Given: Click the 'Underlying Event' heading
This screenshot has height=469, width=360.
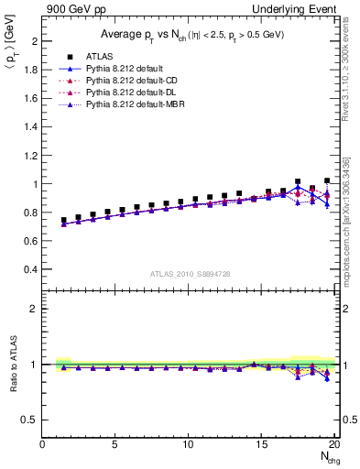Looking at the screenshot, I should pyautogui.click(x=295, y=8).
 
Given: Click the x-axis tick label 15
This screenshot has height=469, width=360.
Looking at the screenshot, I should pyautogui.click(x=263, y=444).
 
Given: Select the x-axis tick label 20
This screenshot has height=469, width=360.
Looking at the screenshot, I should pyautogui.click(x=335, y=444).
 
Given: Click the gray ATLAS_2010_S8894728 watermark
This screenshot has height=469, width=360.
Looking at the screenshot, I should pyautogui.click(x=189, y=273).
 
